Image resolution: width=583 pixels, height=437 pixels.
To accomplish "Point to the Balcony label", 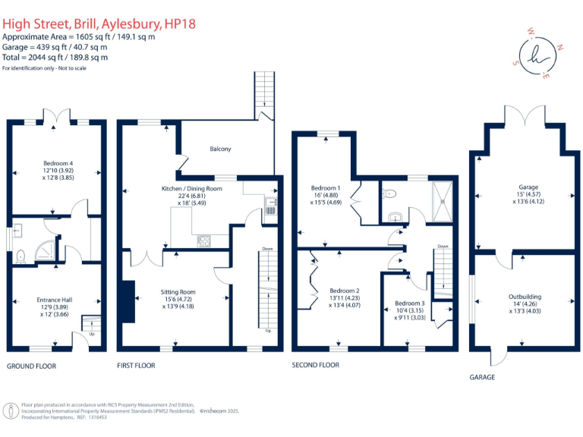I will (x=220, y=149).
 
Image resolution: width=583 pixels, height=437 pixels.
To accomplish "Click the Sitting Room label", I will (x=178, y=291).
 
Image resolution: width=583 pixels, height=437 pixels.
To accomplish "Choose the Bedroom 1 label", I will (x=326, y=187).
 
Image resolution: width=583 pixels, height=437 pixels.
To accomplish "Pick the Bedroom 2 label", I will (x=344, y=291).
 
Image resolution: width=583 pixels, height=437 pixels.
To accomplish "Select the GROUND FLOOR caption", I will (x=31, y=366).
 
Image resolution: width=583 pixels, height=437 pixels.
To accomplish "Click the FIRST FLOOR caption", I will (x=136, y=366).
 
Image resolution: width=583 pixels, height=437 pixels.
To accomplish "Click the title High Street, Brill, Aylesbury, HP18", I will (x=99, y=24).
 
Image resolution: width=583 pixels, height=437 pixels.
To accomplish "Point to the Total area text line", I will (x=55, y=57).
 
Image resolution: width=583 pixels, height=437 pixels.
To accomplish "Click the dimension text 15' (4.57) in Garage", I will (x=524, y=194).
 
